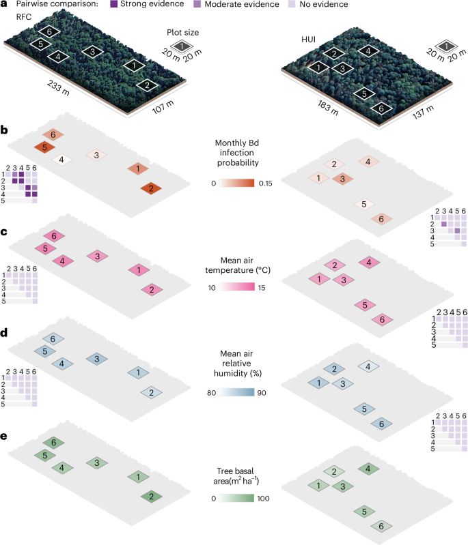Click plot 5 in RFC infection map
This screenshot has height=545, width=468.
[44, 147]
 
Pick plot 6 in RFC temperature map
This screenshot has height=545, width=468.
[53, 236]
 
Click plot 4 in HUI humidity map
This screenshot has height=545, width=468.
[369, 366]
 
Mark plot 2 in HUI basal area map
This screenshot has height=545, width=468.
[333, 472]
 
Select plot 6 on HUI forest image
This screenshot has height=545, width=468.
[381, 108]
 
